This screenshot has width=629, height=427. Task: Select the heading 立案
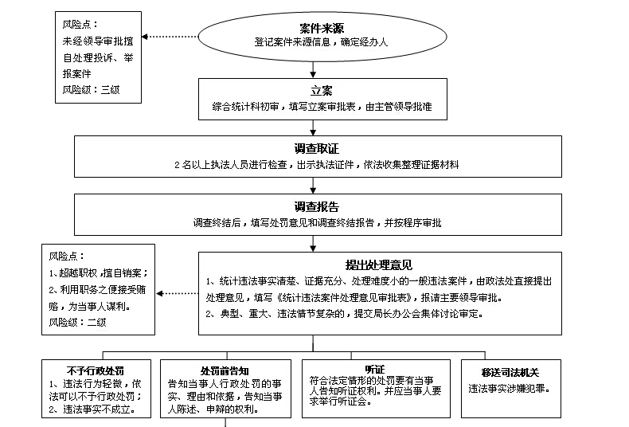click(321, 89)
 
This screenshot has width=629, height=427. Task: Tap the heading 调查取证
click(317, 149)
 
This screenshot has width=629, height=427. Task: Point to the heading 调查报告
click(317, 206)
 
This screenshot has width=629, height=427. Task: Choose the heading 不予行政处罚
click(96, 370)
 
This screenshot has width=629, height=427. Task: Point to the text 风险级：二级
click(77, 322)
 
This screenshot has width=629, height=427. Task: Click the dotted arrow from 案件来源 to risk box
click(170, 36)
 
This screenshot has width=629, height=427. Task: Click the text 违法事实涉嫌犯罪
click(510, 390)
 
